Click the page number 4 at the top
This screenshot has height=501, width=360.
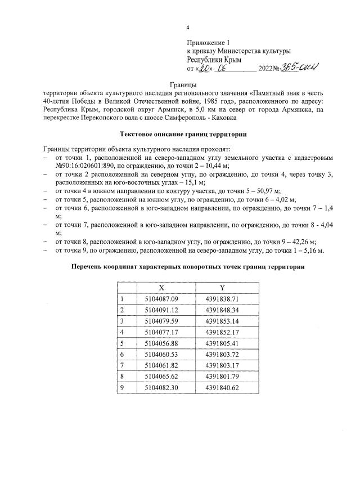coord(188,28)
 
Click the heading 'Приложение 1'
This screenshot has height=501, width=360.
coord(209,43)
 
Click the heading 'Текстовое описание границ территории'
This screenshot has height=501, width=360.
coord(183,134)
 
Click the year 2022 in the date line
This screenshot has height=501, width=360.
coord(266,69)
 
